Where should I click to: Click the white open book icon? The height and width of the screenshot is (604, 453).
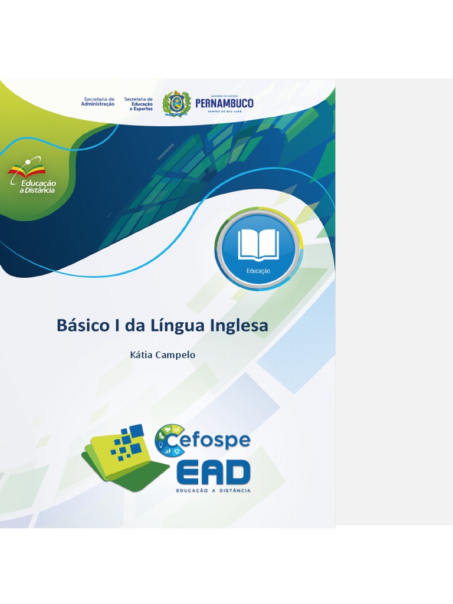click(258, 245)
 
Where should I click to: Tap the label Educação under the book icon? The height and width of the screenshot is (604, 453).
click(258, 271)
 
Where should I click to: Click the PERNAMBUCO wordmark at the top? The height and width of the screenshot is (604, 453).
click(224, 104)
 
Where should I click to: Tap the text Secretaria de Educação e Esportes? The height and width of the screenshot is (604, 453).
click(139, 104)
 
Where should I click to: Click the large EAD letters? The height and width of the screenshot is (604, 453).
click(214, 472)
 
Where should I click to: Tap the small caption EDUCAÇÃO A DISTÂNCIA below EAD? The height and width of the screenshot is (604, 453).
click(214, 490)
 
